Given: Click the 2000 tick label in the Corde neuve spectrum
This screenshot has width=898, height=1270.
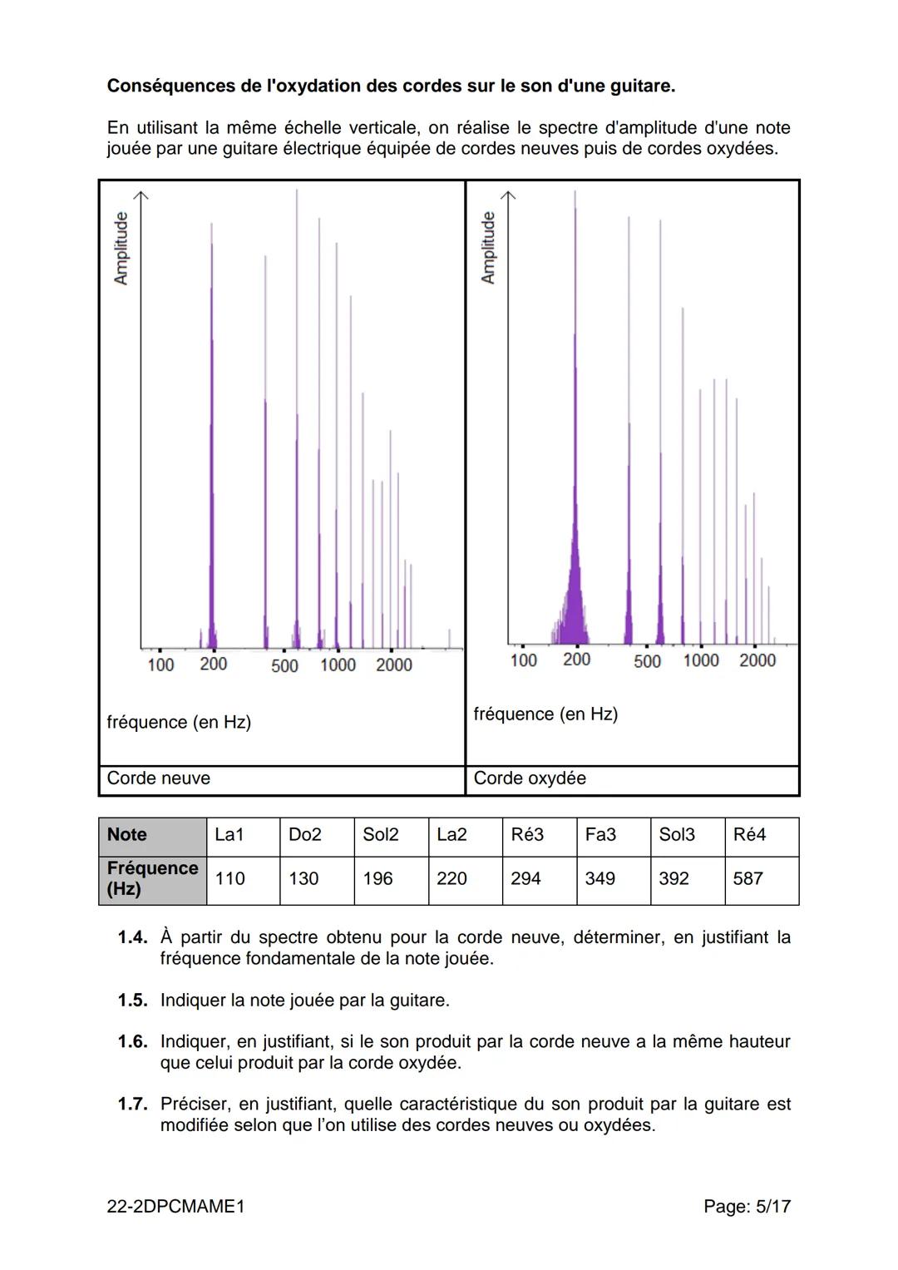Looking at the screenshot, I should [x=393, y=665].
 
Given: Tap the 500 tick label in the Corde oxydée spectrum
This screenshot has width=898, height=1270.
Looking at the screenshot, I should [x=647, y=661].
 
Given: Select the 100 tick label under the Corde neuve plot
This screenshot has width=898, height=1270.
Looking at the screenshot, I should [x=160, y=665].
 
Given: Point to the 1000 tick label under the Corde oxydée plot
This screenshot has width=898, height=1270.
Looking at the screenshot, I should [x=701, y=660].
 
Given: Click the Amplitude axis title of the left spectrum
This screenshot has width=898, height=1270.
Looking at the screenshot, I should [x=121, y=248].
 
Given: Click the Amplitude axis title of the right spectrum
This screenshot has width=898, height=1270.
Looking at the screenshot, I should [x=488, y=247].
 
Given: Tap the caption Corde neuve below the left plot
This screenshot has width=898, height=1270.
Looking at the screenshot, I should [x=159, y=778].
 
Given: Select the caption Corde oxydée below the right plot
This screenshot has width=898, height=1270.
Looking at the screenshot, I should [x=530, y=778].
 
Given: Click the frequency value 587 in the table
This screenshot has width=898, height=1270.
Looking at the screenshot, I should [x=748, y=878].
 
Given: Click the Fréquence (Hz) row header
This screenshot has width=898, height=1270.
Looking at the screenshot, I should [x=152, y=878].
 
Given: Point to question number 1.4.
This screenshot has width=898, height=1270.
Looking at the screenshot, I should [x=132, y=937].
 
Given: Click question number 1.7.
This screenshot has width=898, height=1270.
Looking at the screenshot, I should [x=132, y=1104].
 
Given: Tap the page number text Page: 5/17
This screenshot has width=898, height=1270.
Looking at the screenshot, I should [x=747, y=1206].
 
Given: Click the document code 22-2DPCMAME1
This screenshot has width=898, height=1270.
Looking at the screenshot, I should [x=176, y=1206].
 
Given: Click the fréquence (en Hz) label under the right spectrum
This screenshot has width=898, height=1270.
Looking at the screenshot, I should [x=545, y=714].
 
